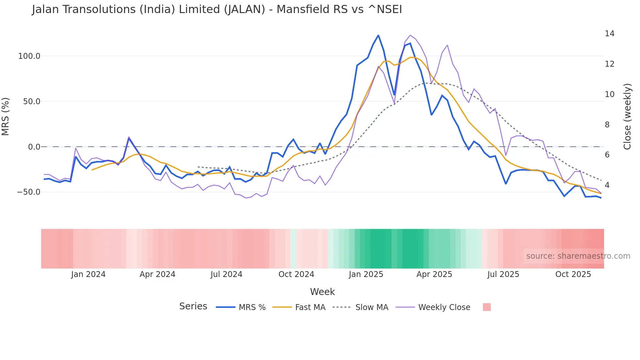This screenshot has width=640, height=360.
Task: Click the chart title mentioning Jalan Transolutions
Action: (217, 9)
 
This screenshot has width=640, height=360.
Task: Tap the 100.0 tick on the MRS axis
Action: (29, 56)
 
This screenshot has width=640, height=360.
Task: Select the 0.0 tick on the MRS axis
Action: (34, 147)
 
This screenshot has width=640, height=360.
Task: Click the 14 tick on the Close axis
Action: (609, 34)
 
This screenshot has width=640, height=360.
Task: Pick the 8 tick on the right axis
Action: (607, 124)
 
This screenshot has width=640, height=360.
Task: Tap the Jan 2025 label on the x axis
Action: (366, 274)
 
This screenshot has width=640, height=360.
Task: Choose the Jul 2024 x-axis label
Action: (226, 274)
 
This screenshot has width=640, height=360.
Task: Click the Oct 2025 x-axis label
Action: (573, 274)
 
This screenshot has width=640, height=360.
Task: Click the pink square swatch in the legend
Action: (487, 307)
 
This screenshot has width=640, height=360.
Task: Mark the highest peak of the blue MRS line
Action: (378, 35)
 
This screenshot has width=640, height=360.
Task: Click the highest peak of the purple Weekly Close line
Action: (410, 35)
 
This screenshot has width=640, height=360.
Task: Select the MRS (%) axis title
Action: (6, 117)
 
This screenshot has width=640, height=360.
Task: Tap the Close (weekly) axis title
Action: (627, 117)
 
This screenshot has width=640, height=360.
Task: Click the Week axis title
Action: (322, 292)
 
